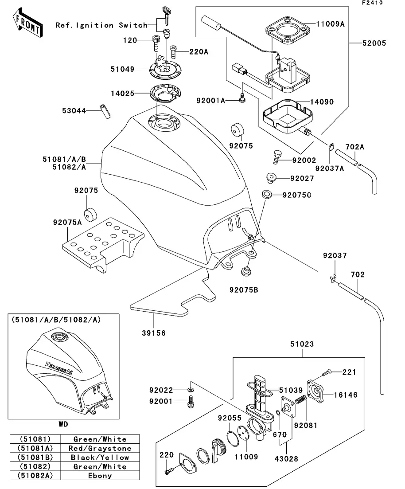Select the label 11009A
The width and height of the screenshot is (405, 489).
pos(331,24)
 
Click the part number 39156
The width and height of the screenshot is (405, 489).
pos(153,333)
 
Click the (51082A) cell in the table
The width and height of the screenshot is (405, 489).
pos(35,476)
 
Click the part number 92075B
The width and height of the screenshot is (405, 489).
pos(243,290)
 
